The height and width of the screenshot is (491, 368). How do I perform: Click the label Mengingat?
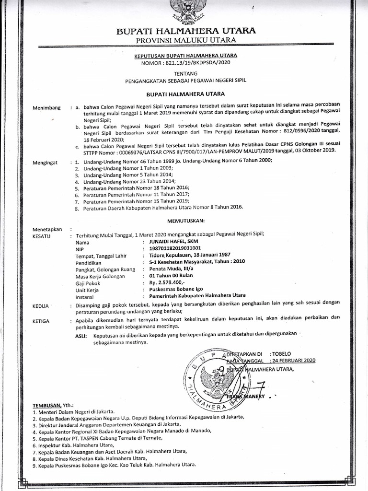(x=45, y=163)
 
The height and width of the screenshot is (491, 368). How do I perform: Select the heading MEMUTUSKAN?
(x=186, y=220)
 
